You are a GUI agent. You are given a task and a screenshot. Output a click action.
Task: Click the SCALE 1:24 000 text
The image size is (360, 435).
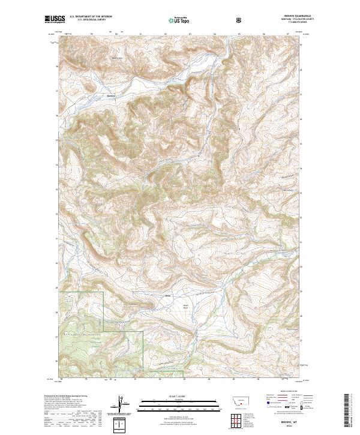tap(180, 395)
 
